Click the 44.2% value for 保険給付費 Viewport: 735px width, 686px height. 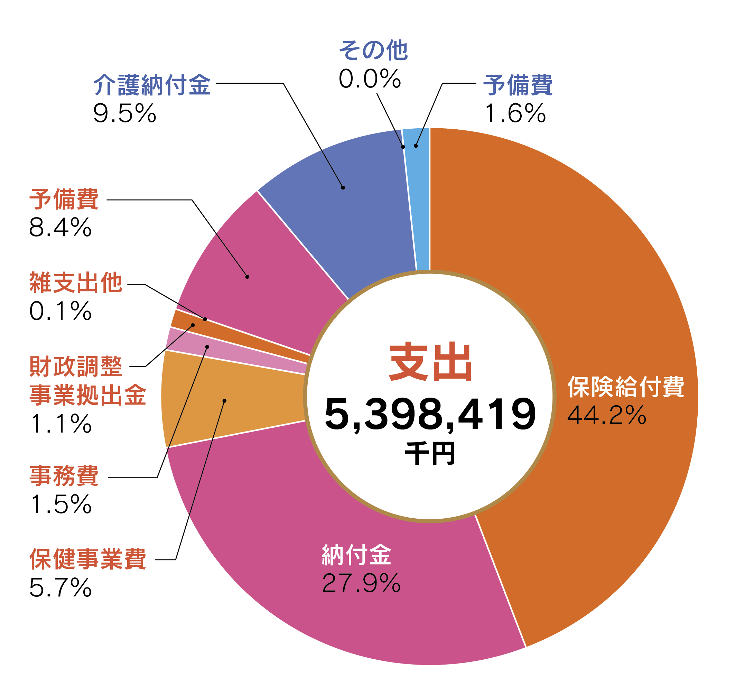pyautogui.click(x=606, y=415)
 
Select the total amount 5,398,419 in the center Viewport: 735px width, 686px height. pyautogui.click(x=430, y=414)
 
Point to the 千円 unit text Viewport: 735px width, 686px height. pyautogui.click(x=430, y=454)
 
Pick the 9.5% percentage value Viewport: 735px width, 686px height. pyautogui.click(x=124, y=113)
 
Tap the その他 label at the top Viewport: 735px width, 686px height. pyautogui.click(x=373, y=50)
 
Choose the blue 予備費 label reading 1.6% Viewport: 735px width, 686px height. pyautogui.click(x=518, y=85)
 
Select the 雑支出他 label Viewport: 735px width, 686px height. pyautogui.click(x=76, y=283)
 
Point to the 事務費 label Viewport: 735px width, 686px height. pyautogui.click(x=64, y=476)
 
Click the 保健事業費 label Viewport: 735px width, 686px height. pyautogui.click(x=87, y=559)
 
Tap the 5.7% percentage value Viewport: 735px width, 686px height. pyautogui.click(x=60, y=588)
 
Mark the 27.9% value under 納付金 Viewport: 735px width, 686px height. pyautogui.click(x=361, y=583)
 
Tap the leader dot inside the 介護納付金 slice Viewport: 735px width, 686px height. pyautogui.click(x=343, y=187)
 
